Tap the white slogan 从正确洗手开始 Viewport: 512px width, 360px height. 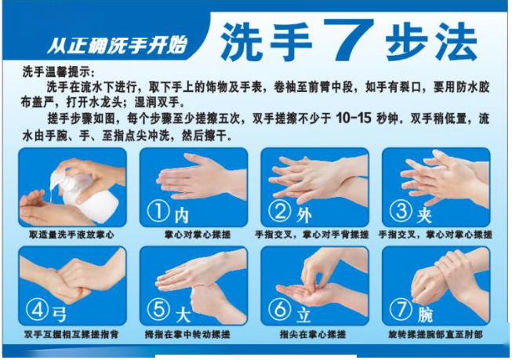[x=117, y=45]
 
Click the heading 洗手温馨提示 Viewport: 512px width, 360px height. [x=58, y=71]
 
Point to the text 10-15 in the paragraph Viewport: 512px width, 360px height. [x=354, y=118]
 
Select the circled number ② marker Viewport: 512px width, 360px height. [x=279, y=211]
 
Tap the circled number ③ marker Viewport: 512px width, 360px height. [x=401, y=211]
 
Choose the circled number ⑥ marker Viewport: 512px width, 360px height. [x=279, y=310]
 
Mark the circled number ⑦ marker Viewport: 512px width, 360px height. [x=401, y=310]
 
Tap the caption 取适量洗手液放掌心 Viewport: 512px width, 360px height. [x=71, y=235]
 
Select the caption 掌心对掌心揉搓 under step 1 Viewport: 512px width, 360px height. [x=198, y=235]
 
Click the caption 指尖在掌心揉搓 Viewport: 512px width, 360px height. [x=313, y=334]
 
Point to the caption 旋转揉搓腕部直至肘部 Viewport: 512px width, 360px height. [x=435, y=334]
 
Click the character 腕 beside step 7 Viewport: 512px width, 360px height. [x=425, y=315]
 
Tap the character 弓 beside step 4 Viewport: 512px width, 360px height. [x=59, y=315]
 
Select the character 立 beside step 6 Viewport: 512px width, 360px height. [x=303, y=315]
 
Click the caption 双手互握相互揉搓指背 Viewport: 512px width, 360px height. [x=71, y=334]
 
